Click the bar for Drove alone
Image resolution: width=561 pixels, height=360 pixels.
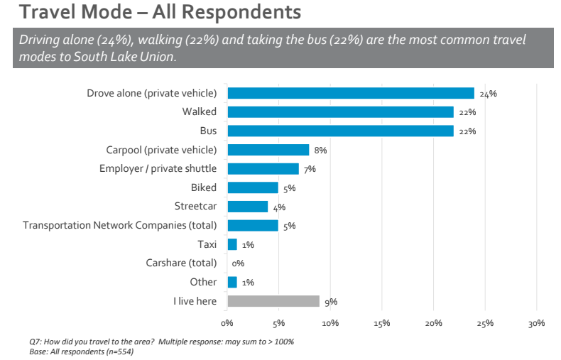point(351,93)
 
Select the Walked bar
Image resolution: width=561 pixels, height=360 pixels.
point(340,112)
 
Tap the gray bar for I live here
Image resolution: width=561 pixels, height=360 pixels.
point(273,301)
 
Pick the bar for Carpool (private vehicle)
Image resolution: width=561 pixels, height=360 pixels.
point(268,150)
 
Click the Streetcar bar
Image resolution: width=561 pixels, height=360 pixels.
point(248,207)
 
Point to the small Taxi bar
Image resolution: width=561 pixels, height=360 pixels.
point(232,244)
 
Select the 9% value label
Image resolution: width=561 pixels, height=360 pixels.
point(331,302)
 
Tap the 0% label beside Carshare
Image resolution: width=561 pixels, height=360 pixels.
point(238,263)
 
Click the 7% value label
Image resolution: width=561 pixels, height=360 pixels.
point(310,169)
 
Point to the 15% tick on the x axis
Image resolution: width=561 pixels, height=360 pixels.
point(381,323)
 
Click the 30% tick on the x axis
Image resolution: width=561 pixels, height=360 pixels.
point(536,323)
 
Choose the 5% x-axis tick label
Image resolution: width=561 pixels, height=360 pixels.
point(278,323)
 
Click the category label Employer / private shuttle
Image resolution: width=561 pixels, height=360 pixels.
point(158,168)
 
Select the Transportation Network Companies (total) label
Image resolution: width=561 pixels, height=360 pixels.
point(120,225)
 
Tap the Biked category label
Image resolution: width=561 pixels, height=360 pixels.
point(204,187)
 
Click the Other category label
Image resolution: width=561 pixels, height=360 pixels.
point(203,282)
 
